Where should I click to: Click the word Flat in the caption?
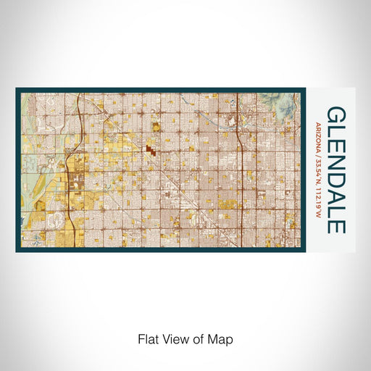point(147,339)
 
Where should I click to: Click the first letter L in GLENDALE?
point(336,130)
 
